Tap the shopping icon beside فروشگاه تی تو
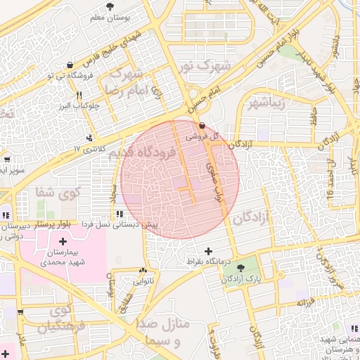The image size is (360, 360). [x=50, y=74]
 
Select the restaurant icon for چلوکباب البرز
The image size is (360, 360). [x=79, y=96]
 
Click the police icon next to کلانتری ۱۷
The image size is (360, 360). [x=90, y=138]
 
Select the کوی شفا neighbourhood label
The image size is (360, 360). [x=60, y=191]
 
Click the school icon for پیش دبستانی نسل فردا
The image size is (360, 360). [x=120, y=213]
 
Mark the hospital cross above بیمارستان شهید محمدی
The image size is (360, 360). [x=63, y=242]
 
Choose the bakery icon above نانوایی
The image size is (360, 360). [x=143, y=270]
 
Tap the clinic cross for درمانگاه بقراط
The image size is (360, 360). [x=208, y=251]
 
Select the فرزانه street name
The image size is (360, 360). [x=304, y=302]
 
